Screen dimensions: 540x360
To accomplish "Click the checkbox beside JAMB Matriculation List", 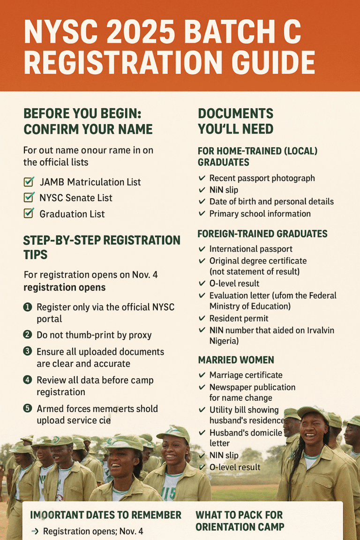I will (29, 181).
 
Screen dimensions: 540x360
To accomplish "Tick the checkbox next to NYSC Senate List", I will (29, 197).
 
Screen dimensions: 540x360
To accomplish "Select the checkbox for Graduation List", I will (29, 213).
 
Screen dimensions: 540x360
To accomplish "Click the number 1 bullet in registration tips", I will (27, 307).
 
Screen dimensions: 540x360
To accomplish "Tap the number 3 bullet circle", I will (27, 352).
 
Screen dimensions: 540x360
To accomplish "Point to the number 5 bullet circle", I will (27, 409).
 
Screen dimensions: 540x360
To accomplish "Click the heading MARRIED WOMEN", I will (236, 360).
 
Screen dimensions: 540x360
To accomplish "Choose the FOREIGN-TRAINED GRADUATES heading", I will (262, 233).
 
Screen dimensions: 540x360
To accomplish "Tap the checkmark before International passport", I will (202, 248).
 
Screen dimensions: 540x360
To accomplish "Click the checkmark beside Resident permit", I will (202, 318).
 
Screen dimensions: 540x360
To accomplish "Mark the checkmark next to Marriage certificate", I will (202, 375).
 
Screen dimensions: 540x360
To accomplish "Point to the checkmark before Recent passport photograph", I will (202, 178).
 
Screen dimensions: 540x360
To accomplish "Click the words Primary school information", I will (260, 214).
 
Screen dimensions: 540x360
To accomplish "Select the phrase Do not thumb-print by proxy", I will (94, 335).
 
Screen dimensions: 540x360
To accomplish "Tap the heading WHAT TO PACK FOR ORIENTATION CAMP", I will (240, 521).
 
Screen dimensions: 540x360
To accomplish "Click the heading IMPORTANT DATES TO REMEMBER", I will (105, 515).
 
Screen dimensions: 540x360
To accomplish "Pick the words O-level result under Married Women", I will (234, 467).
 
